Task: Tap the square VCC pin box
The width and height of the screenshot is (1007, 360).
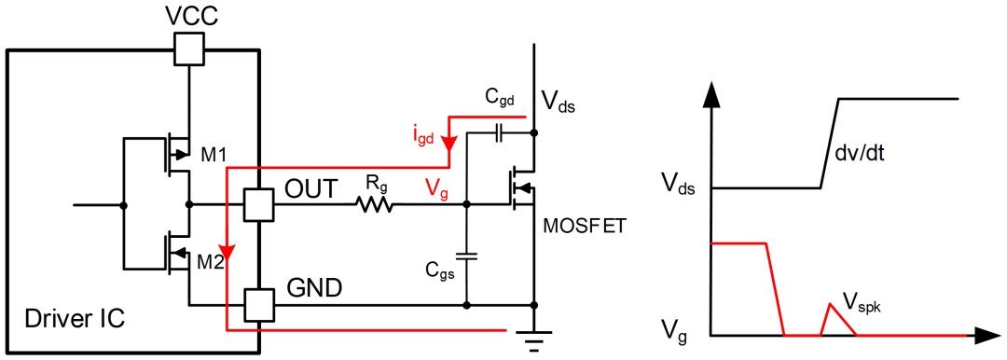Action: coord(189,48)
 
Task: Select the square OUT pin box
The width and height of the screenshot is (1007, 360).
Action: coord(258,205)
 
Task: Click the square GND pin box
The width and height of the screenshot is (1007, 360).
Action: coord(258,303)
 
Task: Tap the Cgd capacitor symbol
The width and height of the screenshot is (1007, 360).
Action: coord(499,134)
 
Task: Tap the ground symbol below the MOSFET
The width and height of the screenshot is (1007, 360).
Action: coord(534,339)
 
